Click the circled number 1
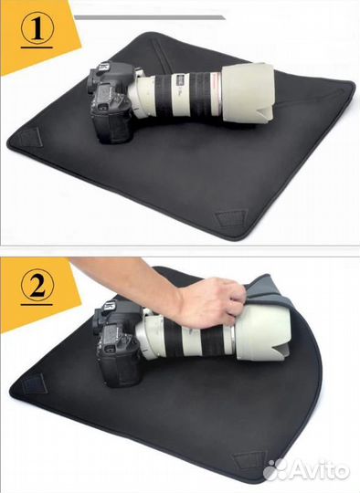click(37, 28)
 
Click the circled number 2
click(37, 286)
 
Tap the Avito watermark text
click(318, 470)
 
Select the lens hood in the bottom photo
click(263, 334)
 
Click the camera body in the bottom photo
click(118, 342)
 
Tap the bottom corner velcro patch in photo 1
click(229, 218)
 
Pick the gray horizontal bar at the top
click(149, 17)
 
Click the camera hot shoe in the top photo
click(105, 67)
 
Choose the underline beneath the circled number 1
click(37, 47)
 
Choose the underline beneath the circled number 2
click(37, 305)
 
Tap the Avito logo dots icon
click(274, 470)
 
